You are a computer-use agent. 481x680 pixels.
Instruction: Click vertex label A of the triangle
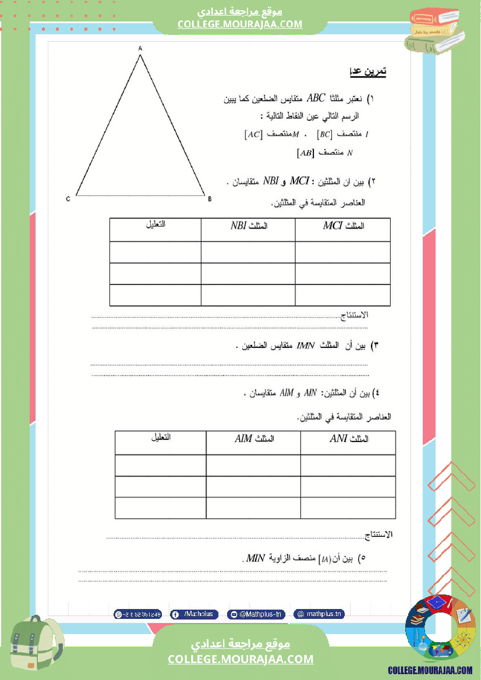pos(140,49)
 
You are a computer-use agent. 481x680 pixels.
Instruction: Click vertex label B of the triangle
pos(209,199)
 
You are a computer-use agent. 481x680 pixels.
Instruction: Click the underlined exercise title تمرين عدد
pos(367,72)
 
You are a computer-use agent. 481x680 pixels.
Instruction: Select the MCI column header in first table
pos(343,226)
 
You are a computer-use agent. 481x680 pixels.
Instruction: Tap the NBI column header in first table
pos(247,226)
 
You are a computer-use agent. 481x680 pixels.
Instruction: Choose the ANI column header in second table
pos(349,439)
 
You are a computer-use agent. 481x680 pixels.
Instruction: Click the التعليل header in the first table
pos(155,225)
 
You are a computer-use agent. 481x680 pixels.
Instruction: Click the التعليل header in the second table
pos(160,437)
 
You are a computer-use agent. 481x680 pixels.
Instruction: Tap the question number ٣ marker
pos(375,346)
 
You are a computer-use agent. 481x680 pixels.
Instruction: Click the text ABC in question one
pos(318,98)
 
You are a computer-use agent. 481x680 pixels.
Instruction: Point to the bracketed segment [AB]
pos(306,154)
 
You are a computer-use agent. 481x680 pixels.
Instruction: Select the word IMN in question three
pos(306,346)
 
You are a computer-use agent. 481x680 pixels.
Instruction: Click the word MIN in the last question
pos(256,558)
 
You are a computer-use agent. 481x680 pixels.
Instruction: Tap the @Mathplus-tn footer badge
pos(256,614)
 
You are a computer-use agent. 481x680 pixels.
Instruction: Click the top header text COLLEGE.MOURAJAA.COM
pos(240,24)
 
